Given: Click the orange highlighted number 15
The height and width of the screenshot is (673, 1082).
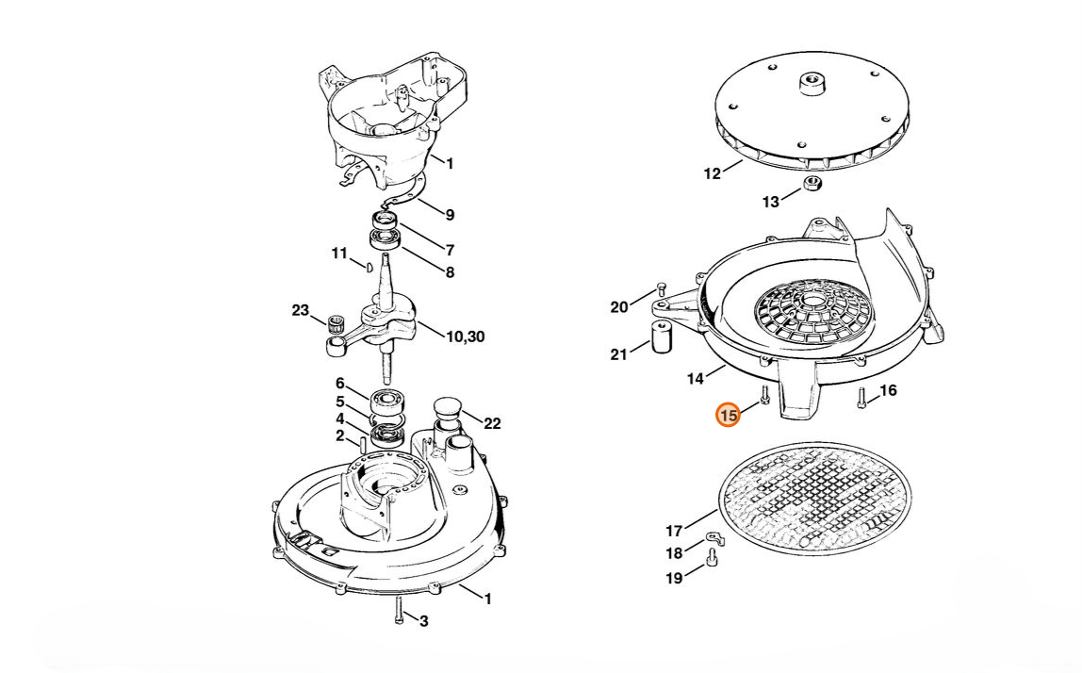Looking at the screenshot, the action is [x=728, y=415].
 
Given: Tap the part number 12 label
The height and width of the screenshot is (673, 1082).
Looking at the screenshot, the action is [x=712, y=174].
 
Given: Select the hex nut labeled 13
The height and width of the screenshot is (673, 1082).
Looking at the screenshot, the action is [x=812, y=185].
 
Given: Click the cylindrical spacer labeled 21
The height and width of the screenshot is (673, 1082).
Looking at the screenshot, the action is [x=661, y=336].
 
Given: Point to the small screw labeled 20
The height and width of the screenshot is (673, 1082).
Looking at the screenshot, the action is [x=661, y=288].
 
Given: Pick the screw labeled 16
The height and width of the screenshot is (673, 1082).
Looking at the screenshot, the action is [x=861, y=398].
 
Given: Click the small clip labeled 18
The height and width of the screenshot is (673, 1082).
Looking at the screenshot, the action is [x=714, y=538].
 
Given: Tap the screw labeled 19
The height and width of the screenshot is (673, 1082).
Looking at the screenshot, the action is [x=713, y=557].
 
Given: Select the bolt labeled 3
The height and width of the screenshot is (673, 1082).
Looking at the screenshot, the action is [x=400, y=610].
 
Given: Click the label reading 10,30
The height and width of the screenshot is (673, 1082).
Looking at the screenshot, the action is [x=465, y=336].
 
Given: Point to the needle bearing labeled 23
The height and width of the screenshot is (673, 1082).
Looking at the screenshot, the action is [x=336, y=321].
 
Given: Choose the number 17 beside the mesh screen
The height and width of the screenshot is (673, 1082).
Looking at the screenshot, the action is [x=674, y=531].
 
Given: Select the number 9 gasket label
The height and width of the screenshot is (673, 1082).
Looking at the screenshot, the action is [x=450, y=215].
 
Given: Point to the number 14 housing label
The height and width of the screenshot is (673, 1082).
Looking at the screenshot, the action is [x=695, y=379].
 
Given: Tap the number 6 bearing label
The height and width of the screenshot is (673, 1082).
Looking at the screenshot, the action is [x=339, y=384].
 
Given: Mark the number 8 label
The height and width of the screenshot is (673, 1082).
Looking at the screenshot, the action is [x=450, y=272].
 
